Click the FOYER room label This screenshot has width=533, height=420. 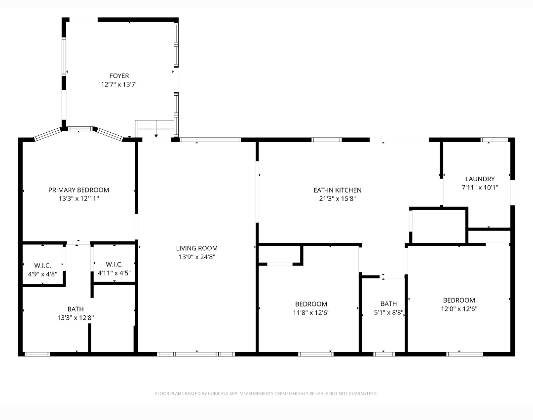119,76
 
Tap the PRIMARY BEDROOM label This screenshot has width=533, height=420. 78,190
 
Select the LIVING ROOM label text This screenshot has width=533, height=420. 197,248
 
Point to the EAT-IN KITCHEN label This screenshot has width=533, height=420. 338,191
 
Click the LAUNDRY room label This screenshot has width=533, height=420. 480,179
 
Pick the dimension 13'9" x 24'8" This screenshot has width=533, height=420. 197,257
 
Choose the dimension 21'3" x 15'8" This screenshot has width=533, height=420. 338,199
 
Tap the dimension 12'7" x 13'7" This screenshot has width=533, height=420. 119,84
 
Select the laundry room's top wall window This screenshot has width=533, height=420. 494,139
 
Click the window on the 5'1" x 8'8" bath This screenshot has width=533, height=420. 384,354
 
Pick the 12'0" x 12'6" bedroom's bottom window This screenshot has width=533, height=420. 465,354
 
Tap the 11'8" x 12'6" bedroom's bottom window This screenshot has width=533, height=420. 316,354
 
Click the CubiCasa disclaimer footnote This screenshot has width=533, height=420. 266,393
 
